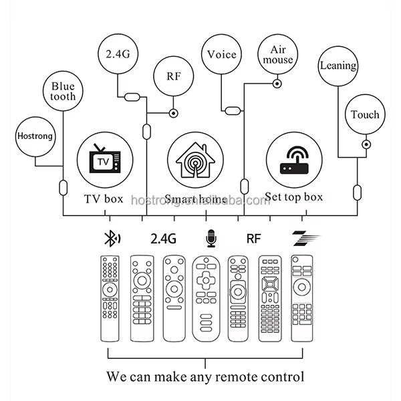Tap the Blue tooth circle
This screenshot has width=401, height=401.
click(63, 91)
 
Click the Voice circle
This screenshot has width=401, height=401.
click(221, 54)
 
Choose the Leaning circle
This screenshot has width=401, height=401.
click(338, 66)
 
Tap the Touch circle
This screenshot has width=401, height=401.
click(365, 114)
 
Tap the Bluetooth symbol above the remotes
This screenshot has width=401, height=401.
click(110, 238)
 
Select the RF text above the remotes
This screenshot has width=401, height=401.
click(254, 238)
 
